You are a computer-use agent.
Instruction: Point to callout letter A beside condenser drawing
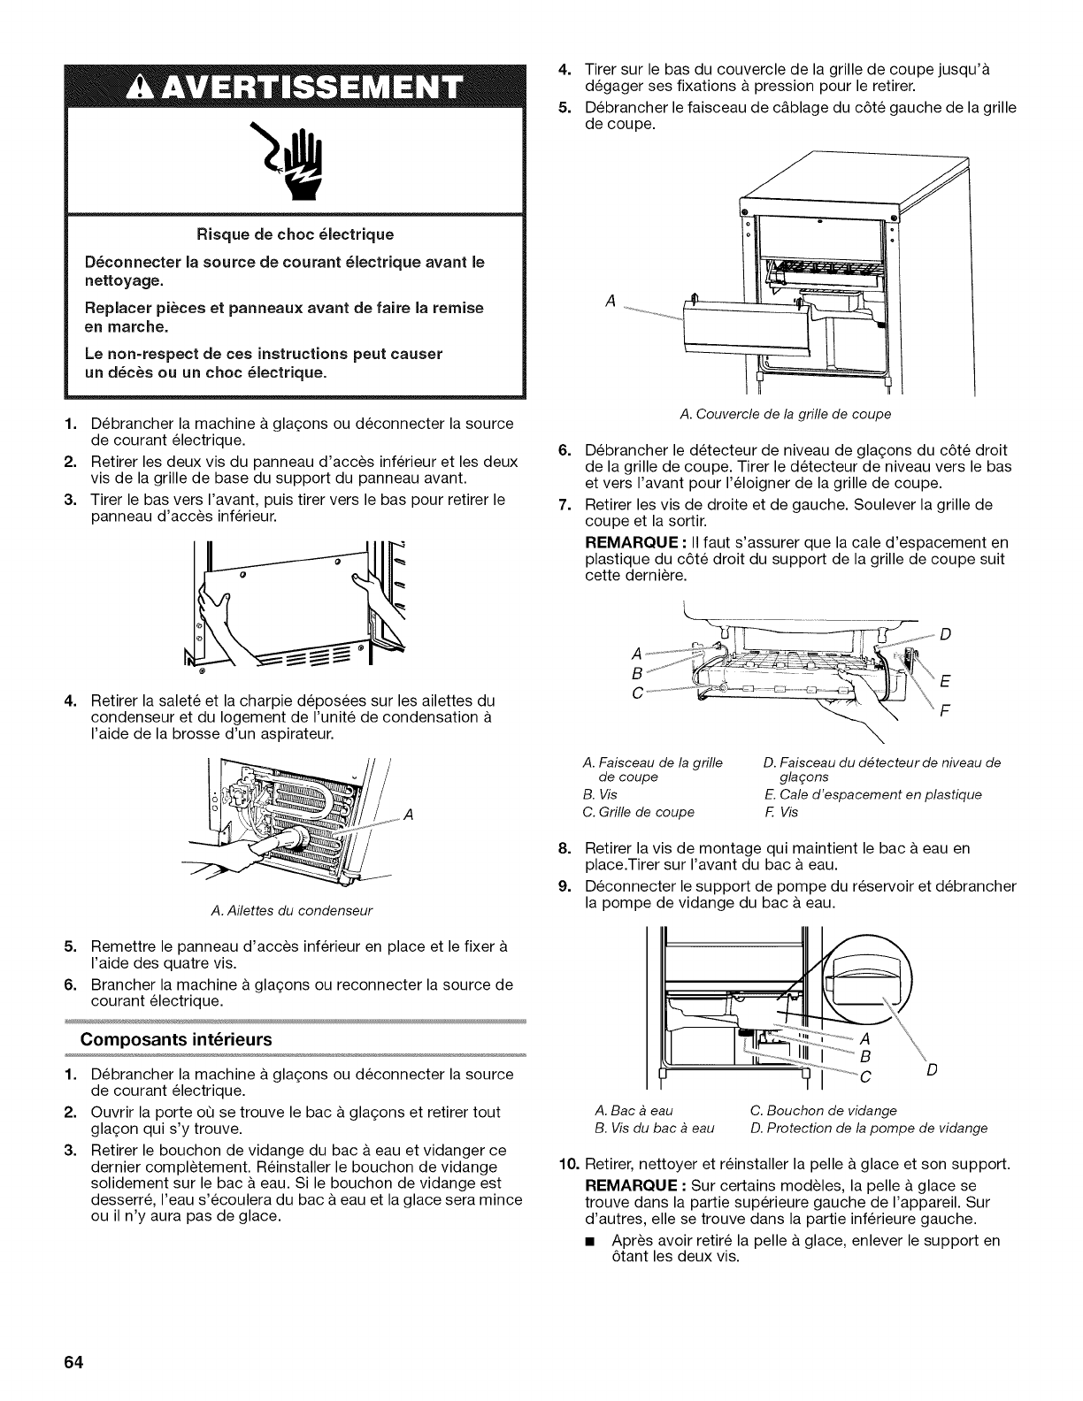click(x=408, y=815)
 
